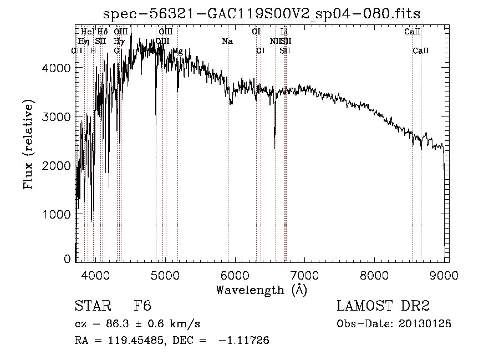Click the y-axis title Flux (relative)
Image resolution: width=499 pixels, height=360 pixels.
28,144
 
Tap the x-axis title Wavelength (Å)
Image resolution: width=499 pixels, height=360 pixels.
261,290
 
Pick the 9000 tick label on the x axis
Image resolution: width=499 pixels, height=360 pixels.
444,275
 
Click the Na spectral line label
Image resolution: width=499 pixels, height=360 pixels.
227,41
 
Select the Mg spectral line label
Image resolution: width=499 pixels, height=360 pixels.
177,51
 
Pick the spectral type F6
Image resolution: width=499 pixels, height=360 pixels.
142,306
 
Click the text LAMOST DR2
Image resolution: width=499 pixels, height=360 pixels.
383,306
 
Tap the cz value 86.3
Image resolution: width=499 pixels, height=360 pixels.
119,323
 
